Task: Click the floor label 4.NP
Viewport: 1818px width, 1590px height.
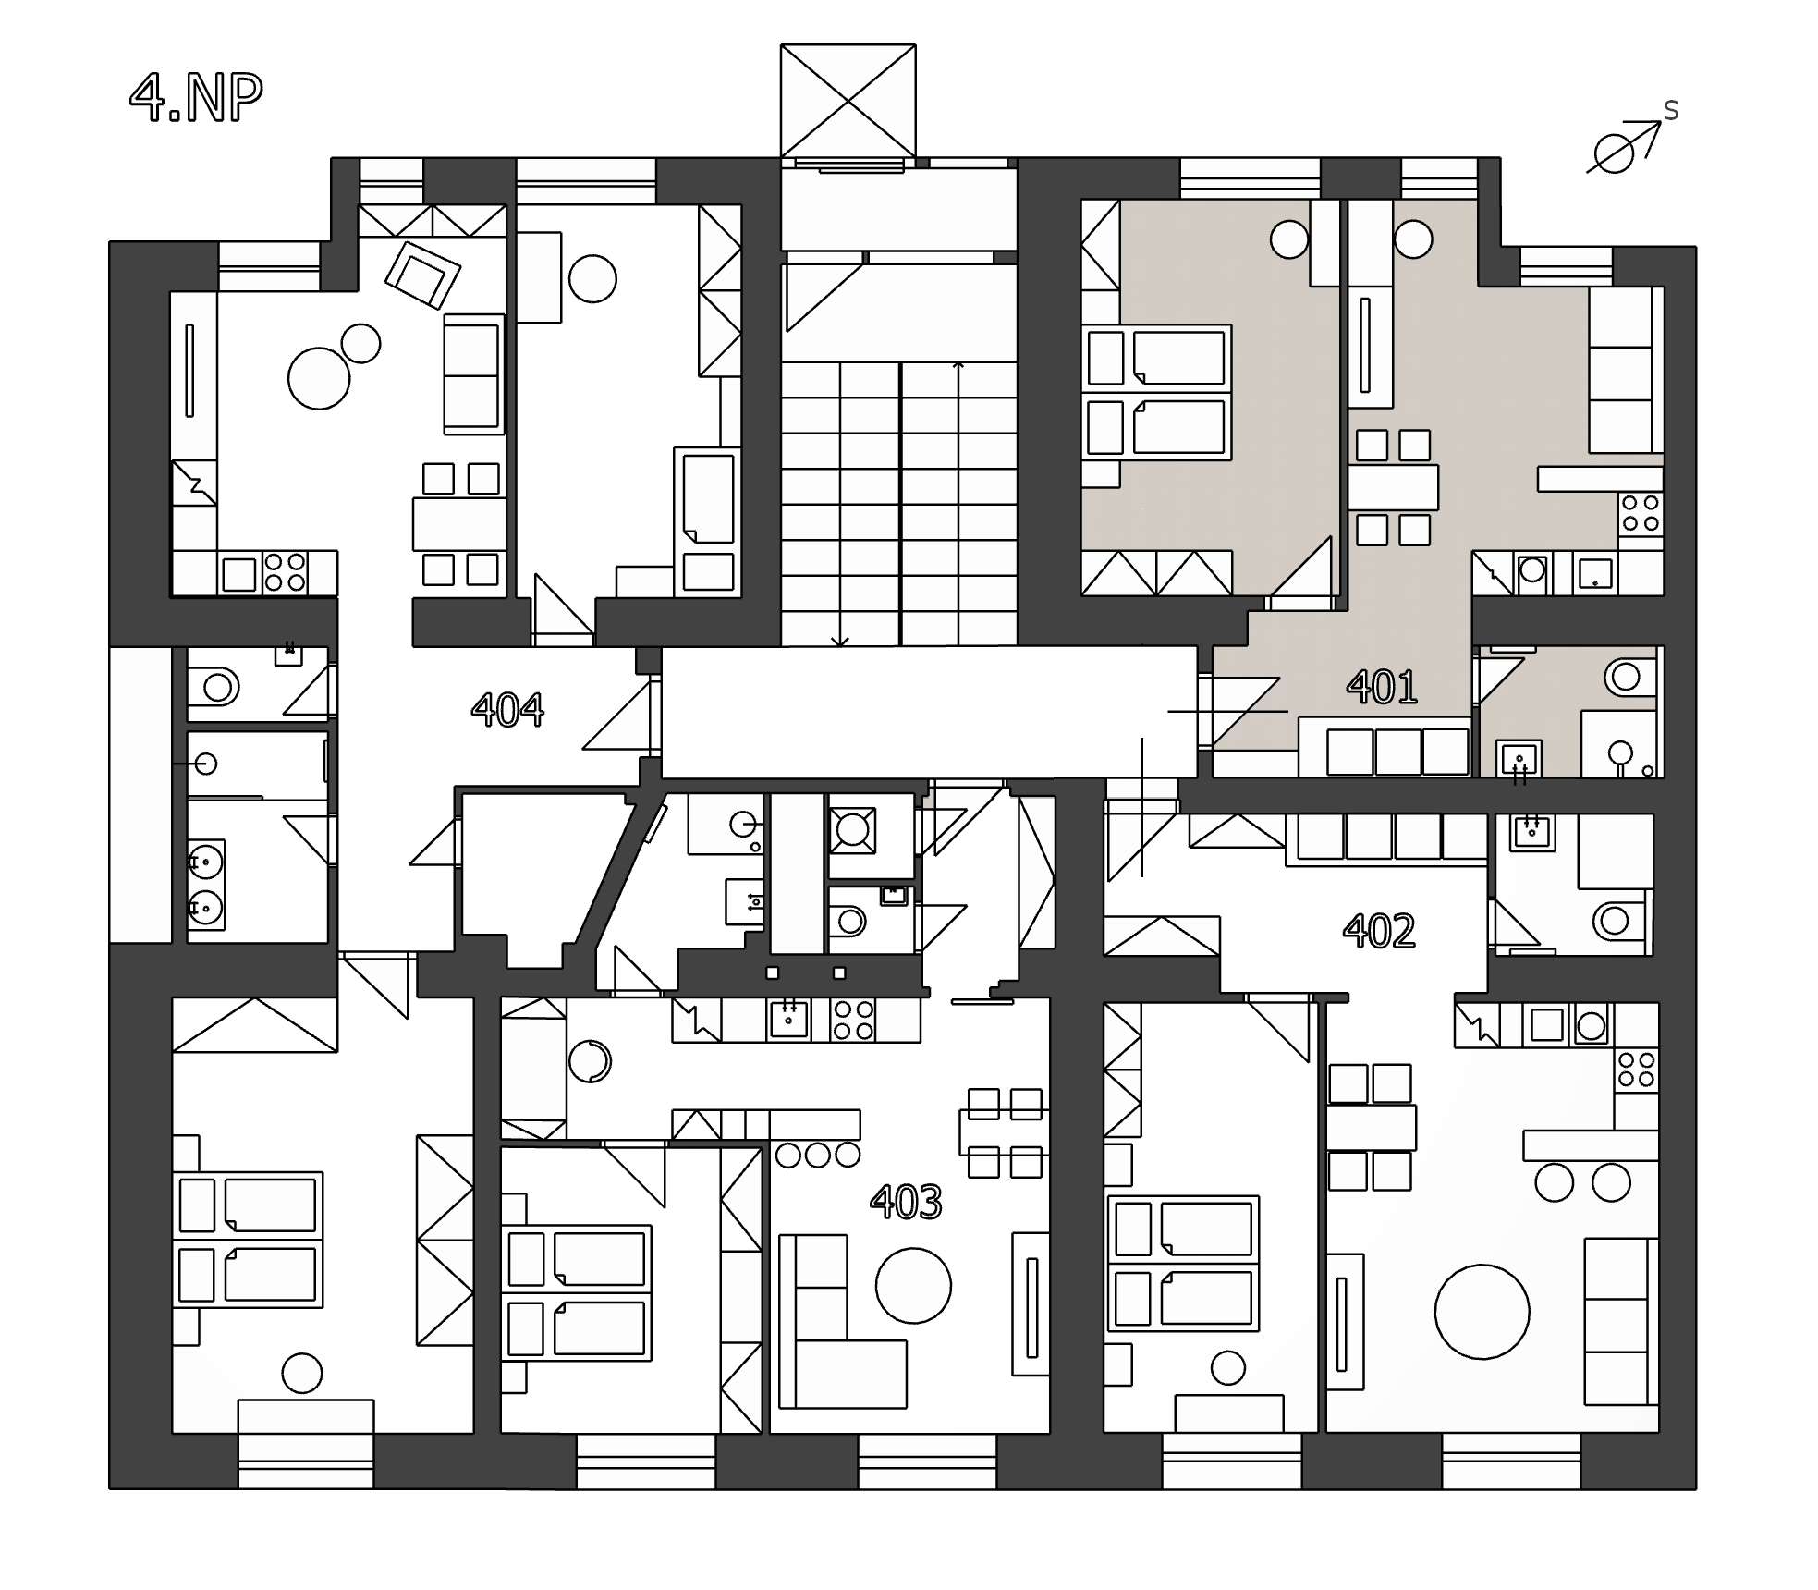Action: [196, 97]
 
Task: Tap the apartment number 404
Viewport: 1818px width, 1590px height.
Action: [507, 710]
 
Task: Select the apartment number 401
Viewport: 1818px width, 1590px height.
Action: [1382, 687]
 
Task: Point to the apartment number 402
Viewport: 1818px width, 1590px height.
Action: [1379, 931]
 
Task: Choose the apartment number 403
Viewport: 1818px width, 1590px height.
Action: [906, 1202]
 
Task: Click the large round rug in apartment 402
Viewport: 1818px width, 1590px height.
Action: [1482, 1312]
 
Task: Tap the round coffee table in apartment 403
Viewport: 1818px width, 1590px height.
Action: [913, 1286]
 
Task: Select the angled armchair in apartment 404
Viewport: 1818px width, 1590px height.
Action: [422, 275]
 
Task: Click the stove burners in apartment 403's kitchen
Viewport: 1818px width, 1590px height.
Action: [853, 1020]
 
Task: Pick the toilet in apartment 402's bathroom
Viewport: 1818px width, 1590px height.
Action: [1618, 921]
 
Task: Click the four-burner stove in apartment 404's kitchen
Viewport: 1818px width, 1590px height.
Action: [285, 571]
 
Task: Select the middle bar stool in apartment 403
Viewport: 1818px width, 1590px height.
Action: [818, 1154]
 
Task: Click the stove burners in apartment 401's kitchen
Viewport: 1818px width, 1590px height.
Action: [1640, 513]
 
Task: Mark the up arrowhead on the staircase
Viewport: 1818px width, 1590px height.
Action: [958, 366]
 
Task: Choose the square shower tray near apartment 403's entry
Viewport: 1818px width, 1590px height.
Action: [851, 829]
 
